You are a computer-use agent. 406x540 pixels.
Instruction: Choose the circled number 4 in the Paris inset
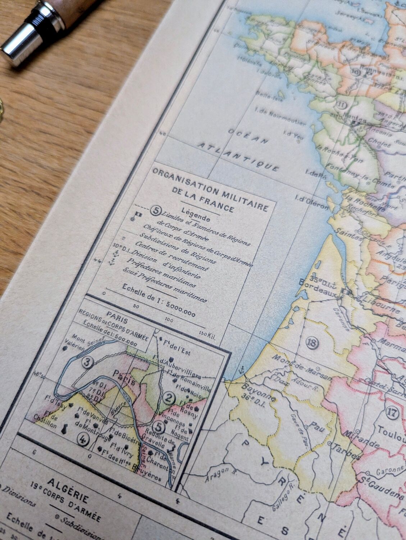(83, 438)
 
